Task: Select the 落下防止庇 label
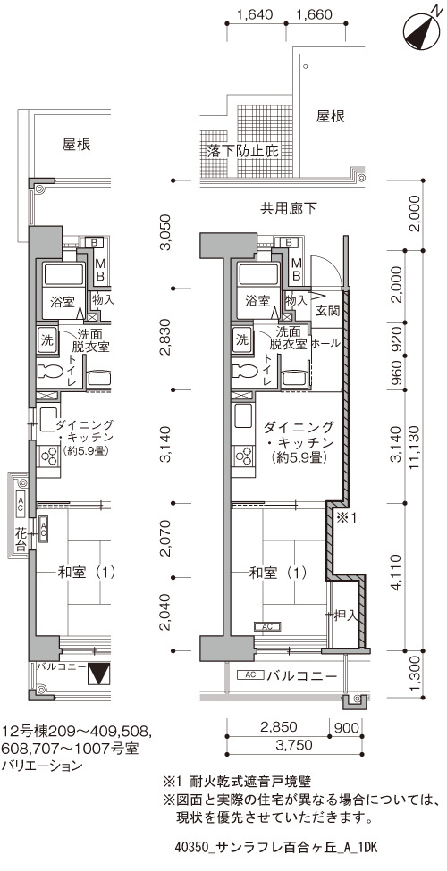[x=242, y=151]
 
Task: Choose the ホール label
[x=325, y=344]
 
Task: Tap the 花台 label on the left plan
[x=21, y=539]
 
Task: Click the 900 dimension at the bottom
[x=346, y=726]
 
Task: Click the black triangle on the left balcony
[x=99, y=674]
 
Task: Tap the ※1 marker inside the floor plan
[x=344, y=518]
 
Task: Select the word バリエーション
[x=42, y=766]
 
